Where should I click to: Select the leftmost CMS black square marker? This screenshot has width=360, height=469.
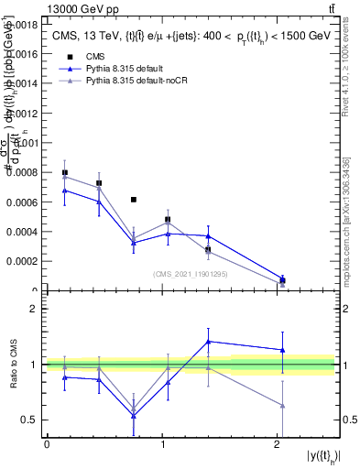(64, 172)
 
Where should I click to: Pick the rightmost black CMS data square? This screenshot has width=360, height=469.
(282, 280)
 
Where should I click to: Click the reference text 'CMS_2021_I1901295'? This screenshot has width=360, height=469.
(190, 274)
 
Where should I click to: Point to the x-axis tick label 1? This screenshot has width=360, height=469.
(162, 444)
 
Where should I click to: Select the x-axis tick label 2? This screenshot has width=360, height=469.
(278, 444)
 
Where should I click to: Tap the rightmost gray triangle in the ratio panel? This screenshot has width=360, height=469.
(282, 405)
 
